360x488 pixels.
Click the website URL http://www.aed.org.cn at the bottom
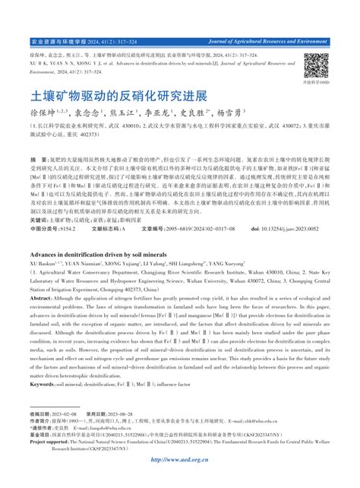click(x=180, y=458)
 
